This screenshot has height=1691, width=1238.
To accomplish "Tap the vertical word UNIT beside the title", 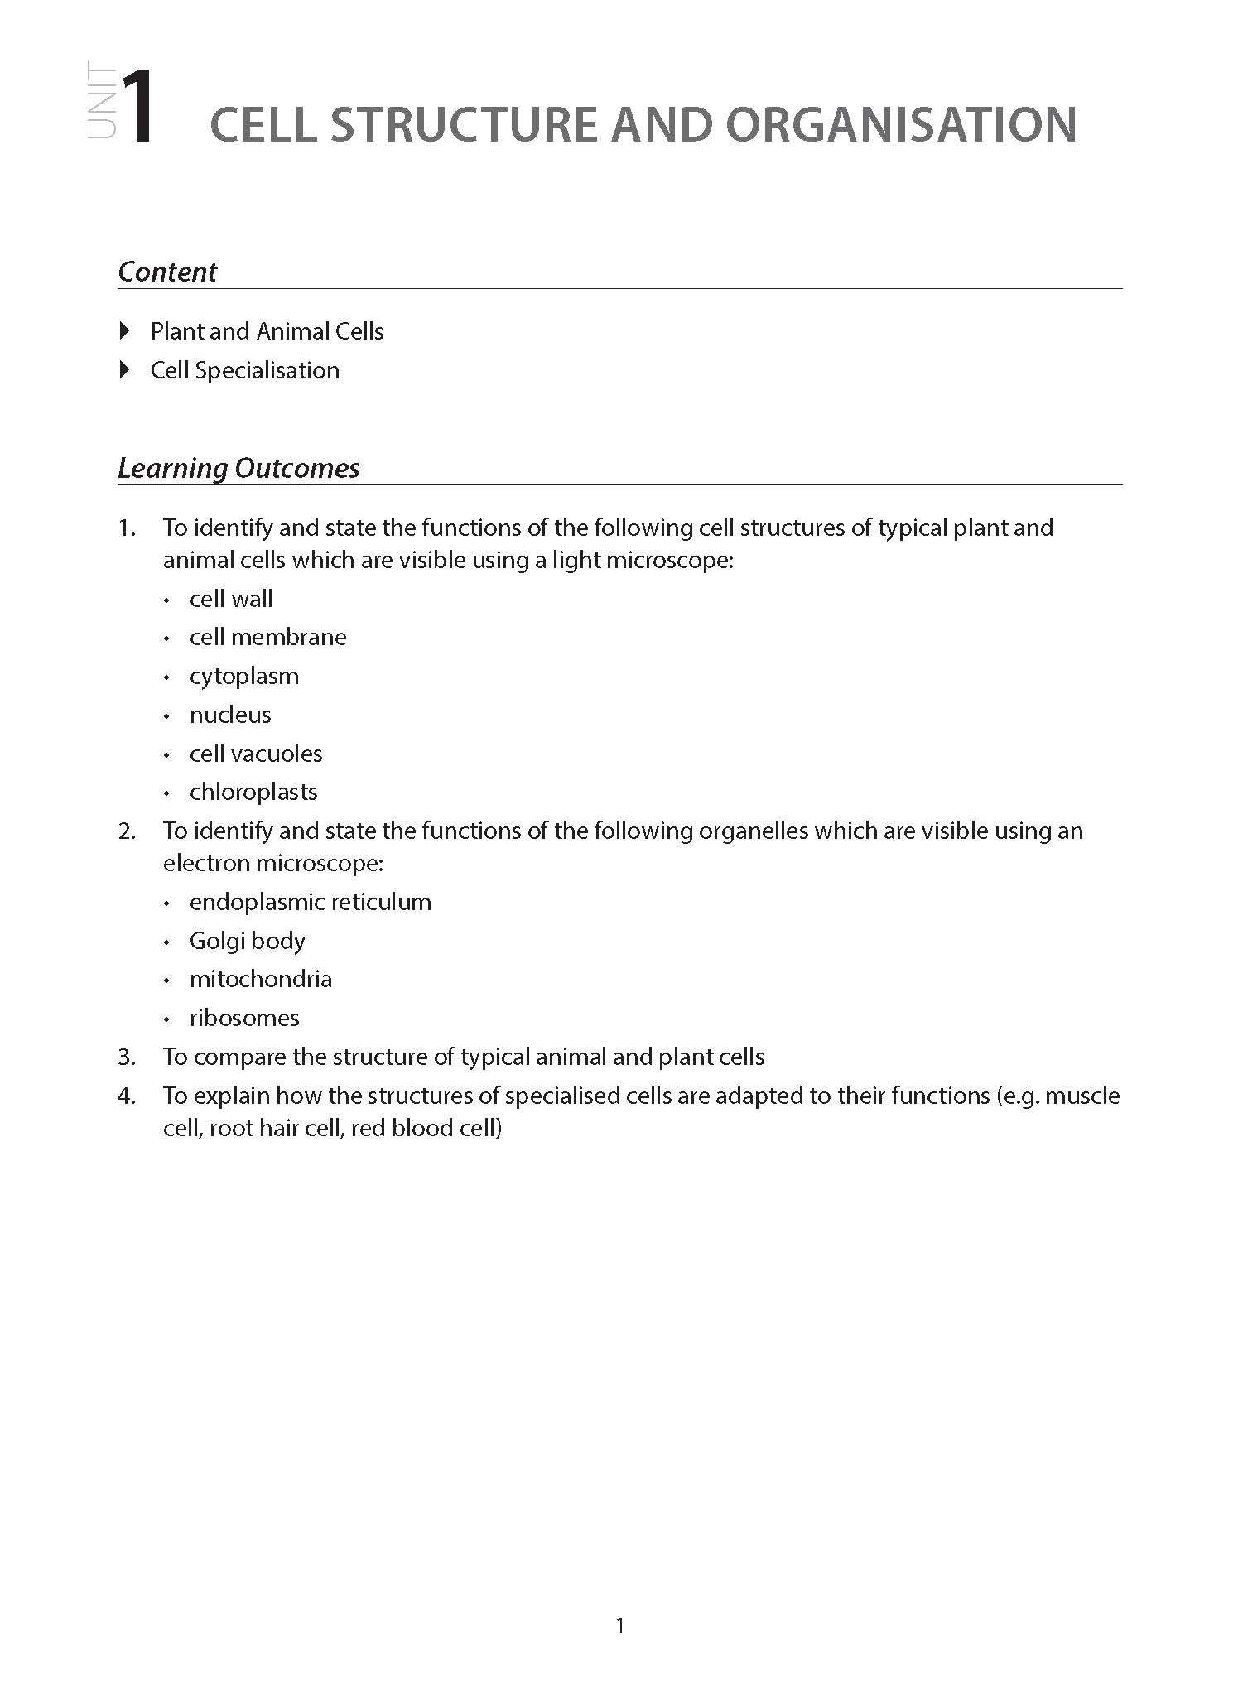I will [x=102, y=104].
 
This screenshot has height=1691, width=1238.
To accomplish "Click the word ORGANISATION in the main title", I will [x=901, y=125].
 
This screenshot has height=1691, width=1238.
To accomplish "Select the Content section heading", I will [x=167, y=272].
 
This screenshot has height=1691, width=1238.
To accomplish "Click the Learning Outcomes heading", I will [x=238, y=468].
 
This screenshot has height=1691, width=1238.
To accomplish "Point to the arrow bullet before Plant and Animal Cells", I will [x=125, y=331].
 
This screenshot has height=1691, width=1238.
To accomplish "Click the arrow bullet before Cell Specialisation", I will [x=125, y=369].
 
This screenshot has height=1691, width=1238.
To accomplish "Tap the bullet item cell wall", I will [x=231, y=599].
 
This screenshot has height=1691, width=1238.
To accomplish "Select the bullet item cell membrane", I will [x=267, y=637].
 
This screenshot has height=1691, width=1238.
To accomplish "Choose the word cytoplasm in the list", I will [x=244, y=676].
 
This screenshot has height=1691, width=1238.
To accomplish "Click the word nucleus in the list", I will [x=230, y=715].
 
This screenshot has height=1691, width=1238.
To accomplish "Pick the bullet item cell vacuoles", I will [x=256, y=754].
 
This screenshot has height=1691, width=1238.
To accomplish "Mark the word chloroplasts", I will [x=253, y=792].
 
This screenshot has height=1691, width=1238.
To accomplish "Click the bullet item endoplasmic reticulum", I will [x=311, y=902].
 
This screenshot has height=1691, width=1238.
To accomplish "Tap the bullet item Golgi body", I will [x=248, y=941].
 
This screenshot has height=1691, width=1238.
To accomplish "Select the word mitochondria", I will [x=261, y=979].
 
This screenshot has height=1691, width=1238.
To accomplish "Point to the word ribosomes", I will [x=244, y=1018].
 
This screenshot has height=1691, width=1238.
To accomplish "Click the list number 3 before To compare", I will [x=126, y=1057].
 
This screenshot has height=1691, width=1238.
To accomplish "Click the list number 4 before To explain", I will [x=126, y=1096].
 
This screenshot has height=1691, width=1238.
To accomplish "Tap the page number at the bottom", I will [x=620, y=1626].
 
